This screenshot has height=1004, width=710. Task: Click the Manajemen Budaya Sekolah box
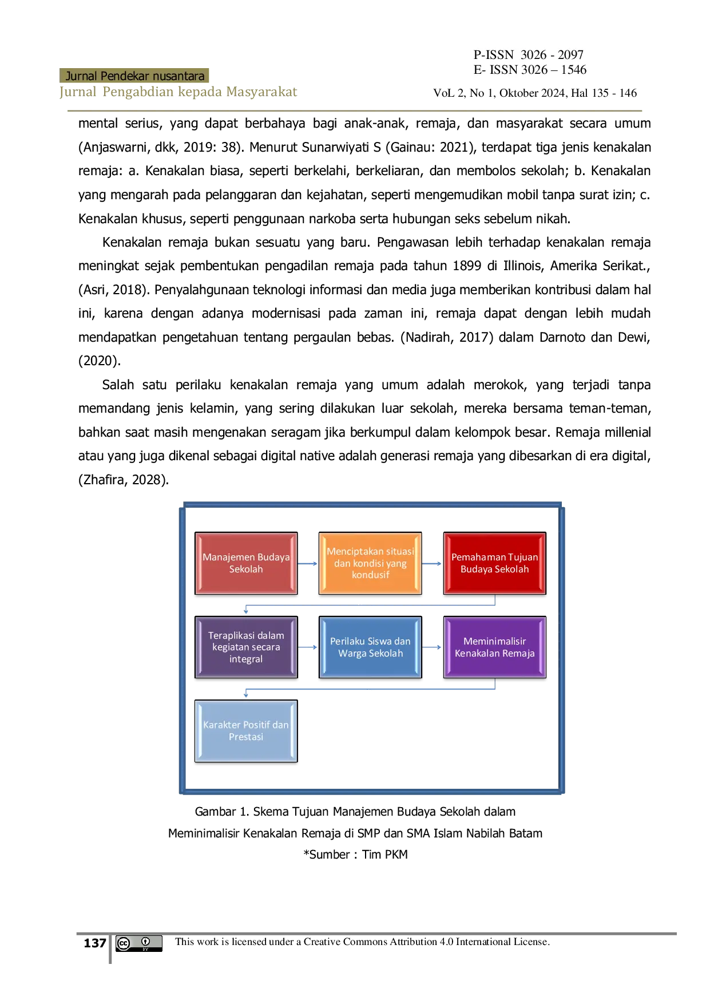tap(246, 563)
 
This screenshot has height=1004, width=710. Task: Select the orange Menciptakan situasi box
tap(370, 563)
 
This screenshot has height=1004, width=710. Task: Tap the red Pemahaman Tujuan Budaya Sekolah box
tap(495, 563)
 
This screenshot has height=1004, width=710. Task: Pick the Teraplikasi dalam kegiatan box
tap(246, 647)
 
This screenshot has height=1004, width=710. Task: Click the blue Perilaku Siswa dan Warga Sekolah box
tap(370, 647)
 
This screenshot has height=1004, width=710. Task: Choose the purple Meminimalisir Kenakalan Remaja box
tap(495, 647)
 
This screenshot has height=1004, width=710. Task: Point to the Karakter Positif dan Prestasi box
tap(246, 731)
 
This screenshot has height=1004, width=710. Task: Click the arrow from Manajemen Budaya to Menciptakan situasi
tap(308, 564)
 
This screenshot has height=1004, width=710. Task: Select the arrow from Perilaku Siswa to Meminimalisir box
tap(432, 647)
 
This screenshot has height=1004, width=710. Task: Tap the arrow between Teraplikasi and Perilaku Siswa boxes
tap(308, 647)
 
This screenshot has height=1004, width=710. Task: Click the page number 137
tap(95, 943)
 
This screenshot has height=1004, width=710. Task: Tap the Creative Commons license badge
tap(139, 943)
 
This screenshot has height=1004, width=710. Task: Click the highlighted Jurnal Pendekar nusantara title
tap(134, 76)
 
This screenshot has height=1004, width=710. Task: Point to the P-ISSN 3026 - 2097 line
tap(529, 55)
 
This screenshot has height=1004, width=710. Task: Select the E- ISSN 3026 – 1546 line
tap(530, 70)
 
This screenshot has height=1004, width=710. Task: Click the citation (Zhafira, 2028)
tap(124, 480)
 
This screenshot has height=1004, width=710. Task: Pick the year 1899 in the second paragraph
tap(467, 266)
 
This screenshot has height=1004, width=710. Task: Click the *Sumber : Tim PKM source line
tap(355, 855)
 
